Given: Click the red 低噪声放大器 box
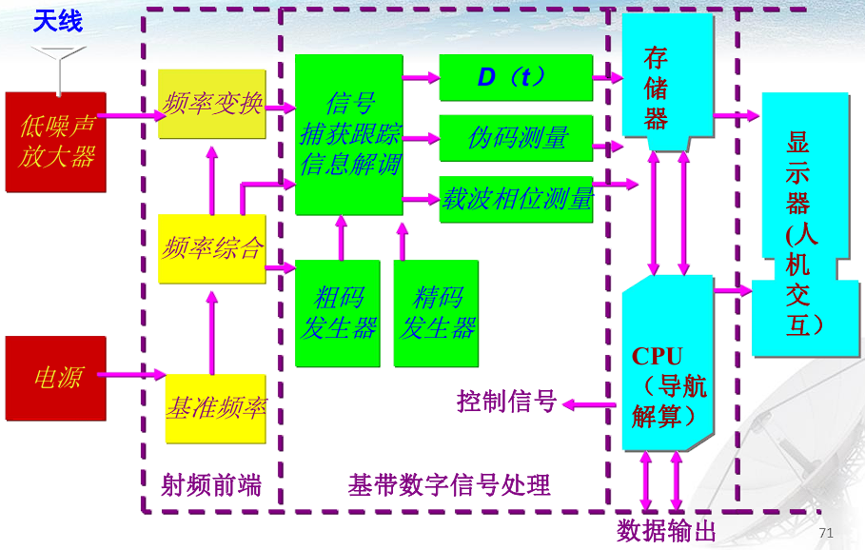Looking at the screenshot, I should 56,142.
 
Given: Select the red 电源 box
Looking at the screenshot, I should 56,378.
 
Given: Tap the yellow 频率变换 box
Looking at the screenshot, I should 212,104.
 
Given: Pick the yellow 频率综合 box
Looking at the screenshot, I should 212,248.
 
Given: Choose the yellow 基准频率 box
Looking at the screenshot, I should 215,408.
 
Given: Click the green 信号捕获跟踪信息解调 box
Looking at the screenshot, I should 349,134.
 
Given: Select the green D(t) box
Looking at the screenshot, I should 515,77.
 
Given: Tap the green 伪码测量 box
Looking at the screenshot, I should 515,138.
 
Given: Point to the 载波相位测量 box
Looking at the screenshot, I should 515,199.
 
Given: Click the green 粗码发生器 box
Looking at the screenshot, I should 338,313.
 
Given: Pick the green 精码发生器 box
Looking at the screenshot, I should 436,313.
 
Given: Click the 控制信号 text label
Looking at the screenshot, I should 506,402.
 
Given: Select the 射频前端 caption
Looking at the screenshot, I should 211,485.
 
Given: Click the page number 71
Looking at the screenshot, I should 825,533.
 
